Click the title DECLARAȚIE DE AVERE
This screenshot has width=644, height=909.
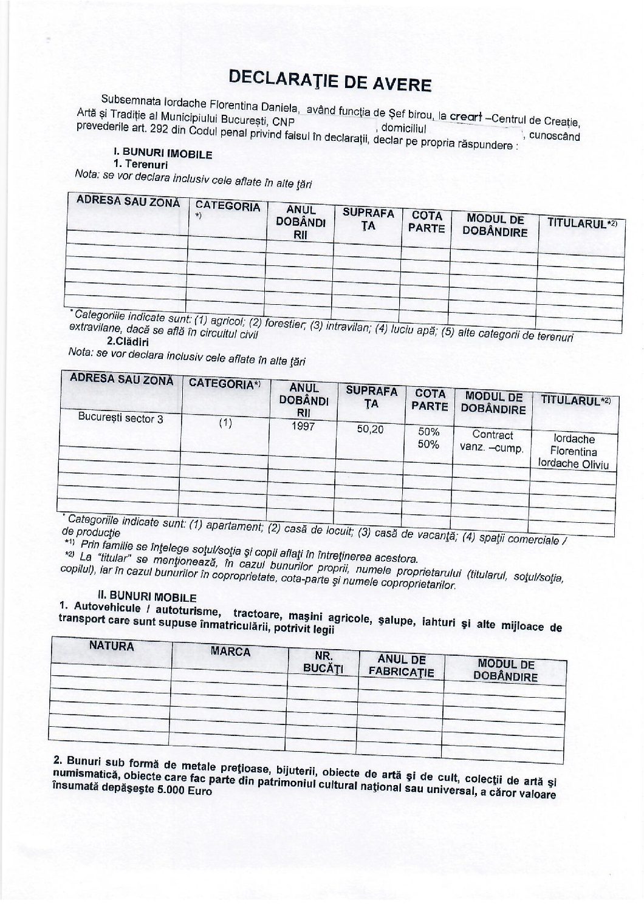click(x=329, y=80)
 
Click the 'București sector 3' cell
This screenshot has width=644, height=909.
click(x=120, y=418)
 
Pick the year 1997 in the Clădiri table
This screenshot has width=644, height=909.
click(x=303, y=426)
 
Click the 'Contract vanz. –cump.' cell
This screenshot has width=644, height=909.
click(x=492, y=441)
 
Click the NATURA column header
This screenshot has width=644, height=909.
click(x=111, y=646)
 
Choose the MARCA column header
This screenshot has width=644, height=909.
click(x=230, y=652)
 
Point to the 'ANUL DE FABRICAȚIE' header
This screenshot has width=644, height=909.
click(x=401, y=666)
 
